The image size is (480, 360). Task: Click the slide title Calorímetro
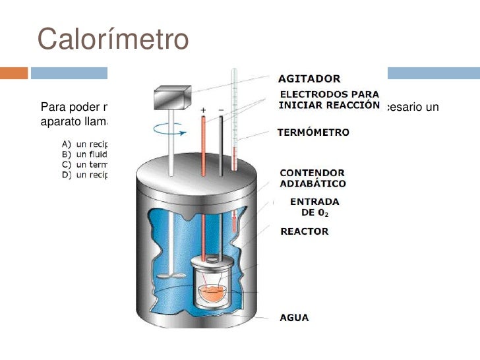tap(113, 39)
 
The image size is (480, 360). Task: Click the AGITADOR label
tap(310, 78)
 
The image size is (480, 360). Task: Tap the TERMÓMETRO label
tap(312, 132)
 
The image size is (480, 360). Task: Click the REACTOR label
tap(304, 231)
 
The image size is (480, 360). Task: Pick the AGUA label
tap(294, 318)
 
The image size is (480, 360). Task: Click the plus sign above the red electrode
tap(204, 110)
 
